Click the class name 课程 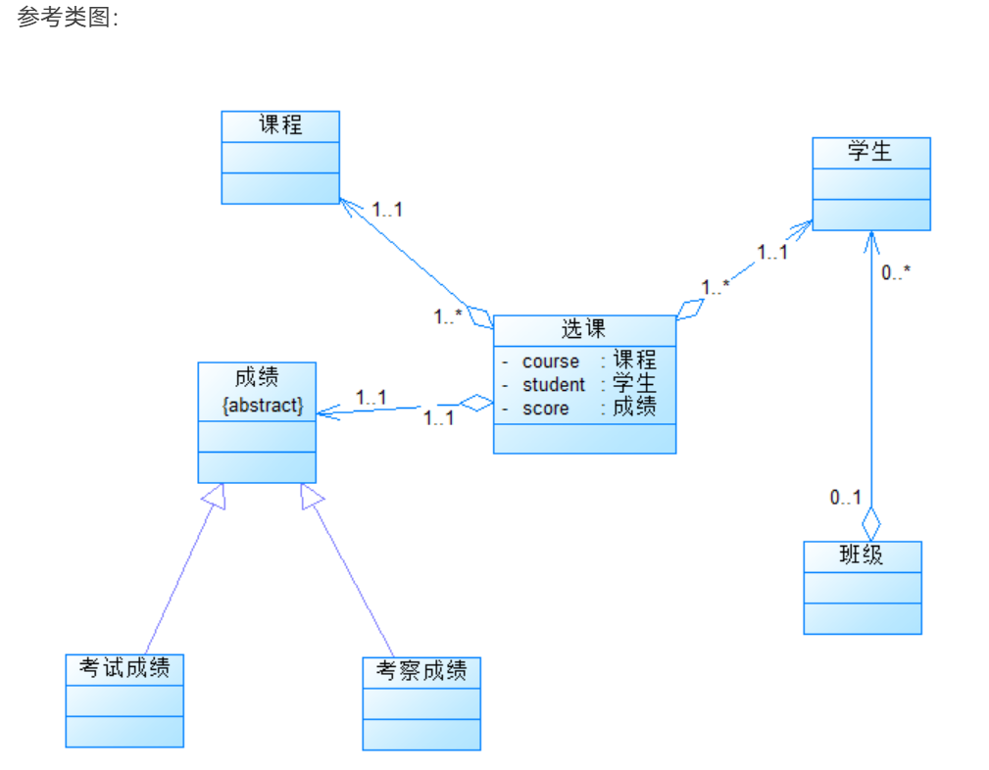point(280,125)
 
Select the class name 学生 point(870,152)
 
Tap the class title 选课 point(584,329)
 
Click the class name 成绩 point(257,376)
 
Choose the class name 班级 point(862,555)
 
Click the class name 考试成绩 point(124,668)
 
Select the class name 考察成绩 point(421,671)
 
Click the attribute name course point(551,361)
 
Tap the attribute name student point(554,385)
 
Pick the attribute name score point(546,409)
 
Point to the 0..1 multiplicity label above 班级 point(845,498)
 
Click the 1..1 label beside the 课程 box point(387,209)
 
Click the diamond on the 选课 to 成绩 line point(477,403)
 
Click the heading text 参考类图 point(67,18)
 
